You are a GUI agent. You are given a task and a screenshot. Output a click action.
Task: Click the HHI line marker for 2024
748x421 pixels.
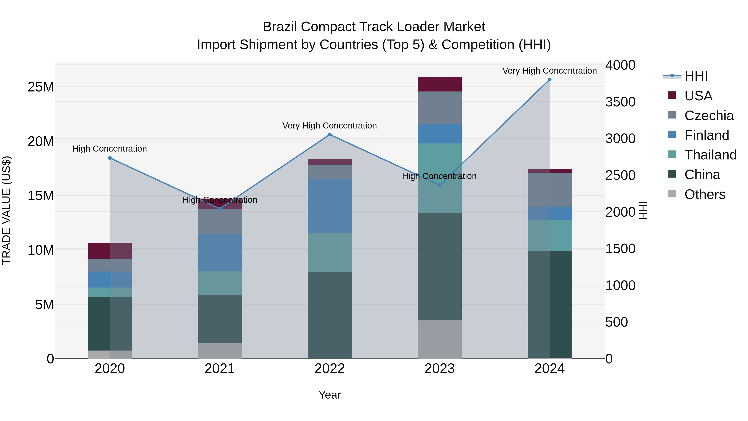click(549, 80)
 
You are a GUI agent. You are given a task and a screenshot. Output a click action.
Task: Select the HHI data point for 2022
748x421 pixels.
click(330, 135)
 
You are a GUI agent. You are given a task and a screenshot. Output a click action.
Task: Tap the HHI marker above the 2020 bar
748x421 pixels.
click(110, 158)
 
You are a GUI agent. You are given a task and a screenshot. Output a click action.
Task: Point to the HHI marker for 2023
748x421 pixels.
click(440, 185)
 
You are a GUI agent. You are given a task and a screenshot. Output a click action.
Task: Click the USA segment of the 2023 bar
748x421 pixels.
click(440, 84)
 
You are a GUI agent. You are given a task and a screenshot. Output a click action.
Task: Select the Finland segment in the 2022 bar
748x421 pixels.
click(330, 206)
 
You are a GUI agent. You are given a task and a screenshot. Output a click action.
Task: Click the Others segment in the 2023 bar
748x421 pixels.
click(440, 339)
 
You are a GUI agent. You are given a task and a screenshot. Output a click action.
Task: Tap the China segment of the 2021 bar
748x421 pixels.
click(220, 319)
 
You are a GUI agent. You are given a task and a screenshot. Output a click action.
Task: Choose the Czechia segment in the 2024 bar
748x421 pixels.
click(549, 190)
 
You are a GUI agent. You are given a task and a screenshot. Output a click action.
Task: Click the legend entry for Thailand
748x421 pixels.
click(710, 155)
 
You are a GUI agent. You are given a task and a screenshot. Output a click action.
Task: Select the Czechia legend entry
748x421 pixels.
click(709, 116)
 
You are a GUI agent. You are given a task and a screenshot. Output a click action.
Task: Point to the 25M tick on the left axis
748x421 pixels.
click(41, 87)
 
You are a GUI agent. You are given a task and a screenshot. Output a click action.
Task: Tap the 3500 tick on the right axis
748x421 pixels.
click(620, 102)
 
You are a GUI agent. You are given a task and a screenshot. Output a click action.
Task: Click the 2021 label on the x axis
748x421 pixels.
click(220, 369)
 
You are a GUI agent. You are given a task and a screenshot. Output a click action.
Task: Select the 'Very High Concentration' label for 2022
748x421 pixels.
click(330, 126)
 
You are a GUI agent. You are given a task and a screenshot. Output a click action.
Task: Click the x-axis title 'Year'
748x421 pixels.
click(330, 395)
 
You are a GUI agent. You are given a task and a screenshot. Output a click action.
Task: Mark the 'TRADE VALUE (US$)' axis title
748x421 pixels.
click(6, 210)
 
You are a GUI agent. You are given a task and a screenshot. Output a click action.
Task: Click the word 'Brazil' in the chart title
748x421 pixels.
click(280, 27)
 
